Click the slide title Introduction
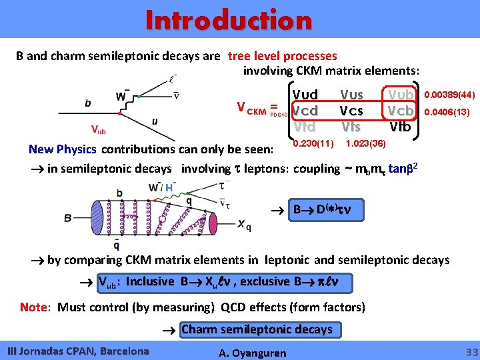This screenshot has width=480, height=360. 229,21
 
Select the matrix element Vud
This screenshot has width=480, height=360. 305,95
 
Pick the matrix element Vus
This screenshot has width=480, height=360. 351,95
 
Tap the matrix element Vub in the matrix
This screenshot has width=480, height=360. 401,95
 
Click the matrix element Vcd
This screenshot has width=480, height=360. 305,110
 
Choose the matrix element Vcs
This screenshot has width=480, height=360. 351,110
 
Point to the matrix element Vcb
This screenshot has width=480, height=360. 401,110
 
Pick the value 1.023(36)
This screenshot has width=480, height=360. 364,143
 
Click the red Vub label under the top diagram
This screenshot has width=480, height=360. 99,129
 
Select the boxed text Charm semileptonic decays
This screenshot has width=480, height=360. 257,329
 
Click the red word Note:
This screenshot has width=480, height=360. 35,307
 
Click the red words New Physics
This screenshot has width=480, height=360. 63,149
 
